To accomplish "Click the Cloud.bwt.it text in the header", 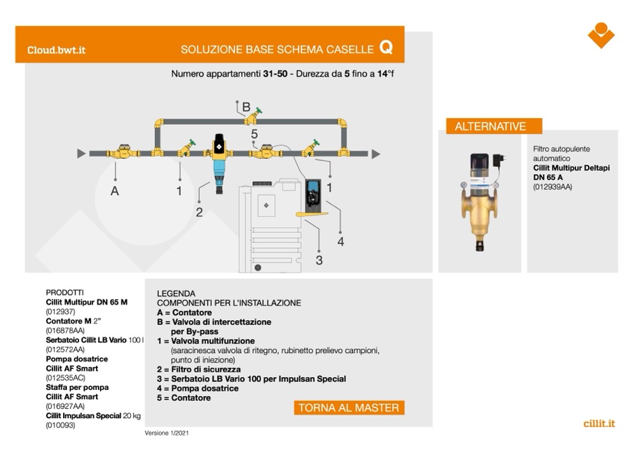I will pos(56,50).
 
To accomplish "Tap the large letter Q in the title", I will pos(386,47).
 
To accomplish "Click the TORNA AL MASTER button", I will pos(349,407).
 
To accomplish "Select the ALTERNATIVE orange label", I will pos(490,126).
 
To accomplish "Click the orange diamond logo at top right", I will pos(601,35).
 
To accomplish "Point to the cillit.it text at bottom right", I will pos(599,423).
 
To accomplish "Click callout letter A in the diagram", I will pos(115,191).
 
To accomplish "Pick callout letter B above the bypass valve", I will pos(246,107).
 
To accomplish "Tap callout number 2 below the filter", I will pos(199,213).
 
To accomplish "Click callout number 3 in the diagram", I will pos(319,260).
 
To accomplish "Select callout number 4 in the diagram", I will pos(341,242).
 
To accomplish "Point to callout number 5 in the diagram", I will pos(254,135).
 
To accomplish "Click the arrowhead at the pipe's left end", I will pos(81,154).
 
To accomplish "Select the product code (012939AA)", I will pos(553,187).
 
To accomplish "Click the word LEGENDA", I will pos(176,294).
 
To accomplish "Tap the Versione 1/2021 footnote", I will pos(167,434).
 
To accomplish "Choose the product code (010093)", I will pos(60,425).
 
